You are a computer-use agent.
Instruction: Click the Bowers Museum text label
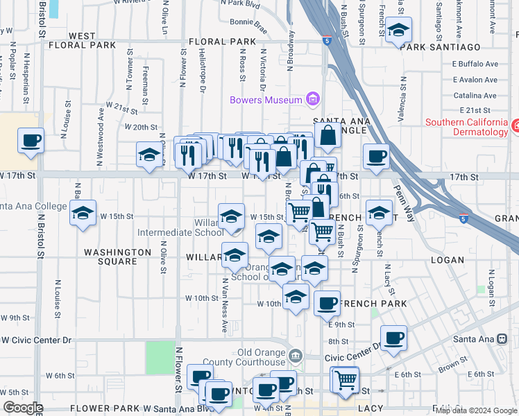[266, 100]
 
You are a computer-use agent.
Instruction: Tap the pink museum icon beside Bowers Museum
[313, 99]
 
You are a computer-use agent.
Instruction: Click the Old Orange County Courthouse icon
[296, 356]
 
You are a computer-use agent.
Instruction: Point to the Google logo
[23, 408]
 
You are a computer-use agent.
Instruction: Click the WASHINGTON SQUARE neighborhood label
[117, 257]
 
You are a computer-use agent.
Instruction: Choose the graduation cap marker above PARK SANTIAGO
[398, 31]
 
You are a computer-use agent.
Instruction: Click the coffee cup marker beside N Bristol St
[31, 141]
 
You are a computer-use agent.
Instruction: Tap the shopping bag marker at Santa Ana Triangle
[327, 136]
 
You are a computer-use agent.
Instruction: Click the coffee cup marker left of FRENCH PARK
[327, 302]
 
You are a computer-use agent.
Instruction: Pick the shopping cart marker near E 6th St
[345, 379]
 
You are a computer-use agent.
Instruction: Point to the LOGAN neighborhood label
[447, 260]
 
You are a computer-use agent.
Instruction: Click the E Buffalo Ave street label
[475, 64]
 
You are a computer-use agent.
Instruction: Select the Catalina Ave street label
[475, 96]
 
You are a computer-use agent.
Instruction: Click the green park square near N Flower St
[160, 356]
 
